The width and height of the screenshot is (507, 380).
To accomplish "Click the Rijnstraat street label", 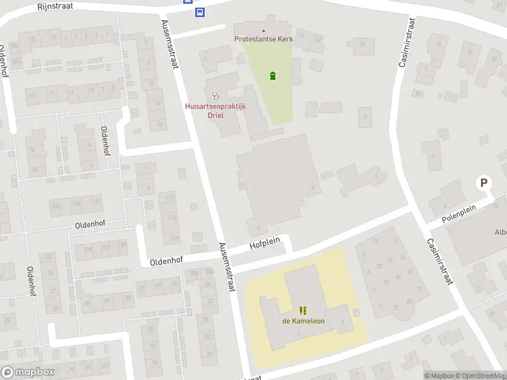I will click(55, 5).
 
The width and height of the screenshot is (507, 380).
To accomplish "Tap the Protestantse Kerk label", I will click(262, 39).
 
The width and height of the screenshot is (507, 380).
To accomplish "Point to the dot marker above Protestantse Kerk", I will click(263, 30).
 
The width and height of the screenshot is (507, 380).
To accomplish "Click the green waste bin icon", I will click(273, 76).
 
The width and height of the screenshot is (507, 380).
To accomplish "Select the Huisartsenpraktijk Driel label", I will click(215, 111).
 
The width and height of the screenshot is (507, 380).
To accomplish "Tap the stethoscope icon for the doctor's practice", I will click(215, 96).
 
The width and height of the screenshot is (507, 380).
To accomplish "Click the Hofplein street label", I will click(264, 244).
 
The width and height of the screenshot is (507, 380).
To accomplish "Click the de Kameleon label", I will click(303, 320).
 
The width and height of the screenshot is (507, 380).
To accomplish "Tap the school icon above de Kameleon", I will click(303, 310).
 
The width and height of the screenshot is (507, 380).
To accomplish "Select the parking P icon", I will click(484, 183).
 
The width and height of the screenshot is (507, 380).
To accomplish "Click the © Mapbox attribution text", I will click(439, 376).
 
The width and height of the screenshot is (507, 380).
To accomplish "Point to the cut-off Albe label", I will click(500, 232).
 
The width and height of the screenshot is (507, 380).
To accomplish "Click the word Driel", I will click(215, 115).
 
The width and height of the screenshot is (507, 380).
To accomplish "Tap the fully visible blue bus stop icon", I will click(200, 12).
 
